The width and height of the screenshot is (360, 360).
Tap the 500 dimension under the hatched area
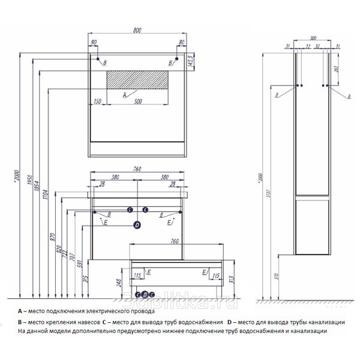tap(137, 101)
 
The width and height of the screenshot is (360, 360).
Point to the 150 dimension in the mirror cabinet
tap(97, 101)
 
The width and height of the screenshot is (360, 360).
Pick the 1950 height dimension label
tap(29, 181)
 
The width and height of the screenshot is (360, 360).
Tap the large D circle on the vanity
tap(137, 225)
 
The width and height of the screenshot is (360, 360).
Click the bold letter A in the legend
tap(20, 311)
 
